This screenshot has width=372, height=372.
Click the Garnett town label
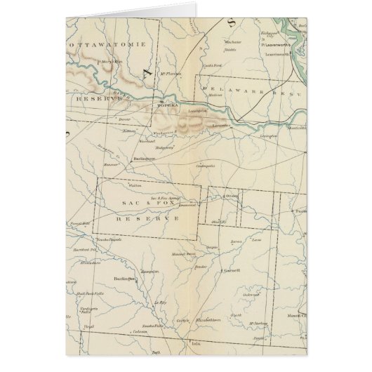tap(232, 269)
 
